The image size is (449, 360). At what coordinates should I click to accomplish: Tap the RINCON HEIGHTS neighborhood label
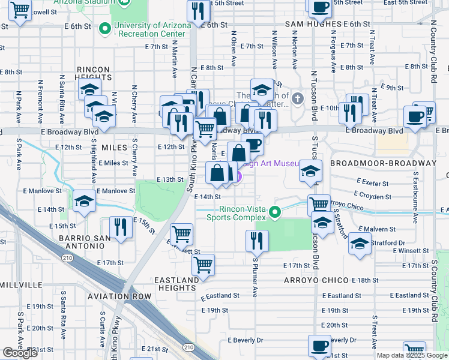[x=92, y=73]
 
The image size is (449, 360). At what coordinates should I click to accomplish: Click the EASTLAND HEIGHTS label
[x=176, y=284]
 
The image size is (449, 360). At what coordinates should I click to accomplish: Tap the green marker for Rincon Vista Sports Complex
[x=276, y=212]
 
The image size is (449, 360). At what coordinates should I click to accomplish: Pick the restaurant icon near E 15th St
[x=121, y=227]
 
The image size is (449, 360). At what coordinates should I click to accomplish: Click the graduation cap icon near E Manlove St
[x=84, y=200]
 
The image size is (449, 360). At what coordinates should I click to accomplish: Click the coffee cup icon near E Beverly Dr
[x=319, y=346]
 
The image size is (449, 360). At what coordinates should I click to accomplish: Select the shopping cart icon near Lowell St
[x=20, y=9]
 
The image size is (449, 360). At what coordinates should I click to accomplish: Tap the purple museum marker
[x=238, y=177]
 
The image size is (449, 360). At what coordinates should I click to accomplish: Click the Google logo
[x=20, y=353]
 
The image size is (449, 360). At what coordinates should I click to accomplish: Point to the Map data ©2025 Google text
[x=412, y=355]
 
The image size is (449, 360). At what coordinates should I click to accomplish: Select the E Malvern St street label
[x=377, y=229]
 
